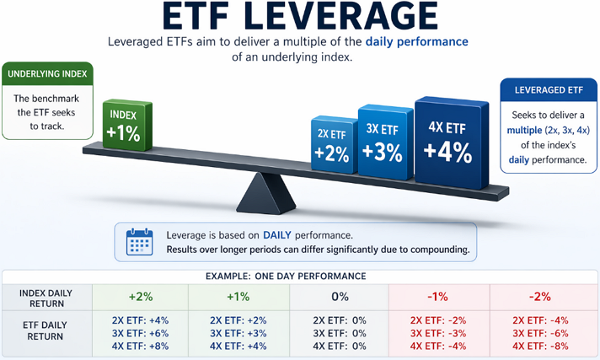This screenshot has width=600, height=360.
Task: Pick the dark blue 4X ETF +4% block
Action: coord(453,138)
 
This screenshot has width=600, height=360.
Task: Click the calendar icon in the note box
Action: coord(137,243)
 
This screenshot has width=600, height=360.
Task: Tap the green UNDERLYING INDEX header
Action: coord(46,74)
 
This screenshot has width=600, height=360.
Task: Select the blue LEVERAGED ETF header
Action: coord(547,90)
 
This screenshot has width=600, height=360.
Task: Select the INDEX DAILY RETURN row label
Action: coord(45,298)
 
